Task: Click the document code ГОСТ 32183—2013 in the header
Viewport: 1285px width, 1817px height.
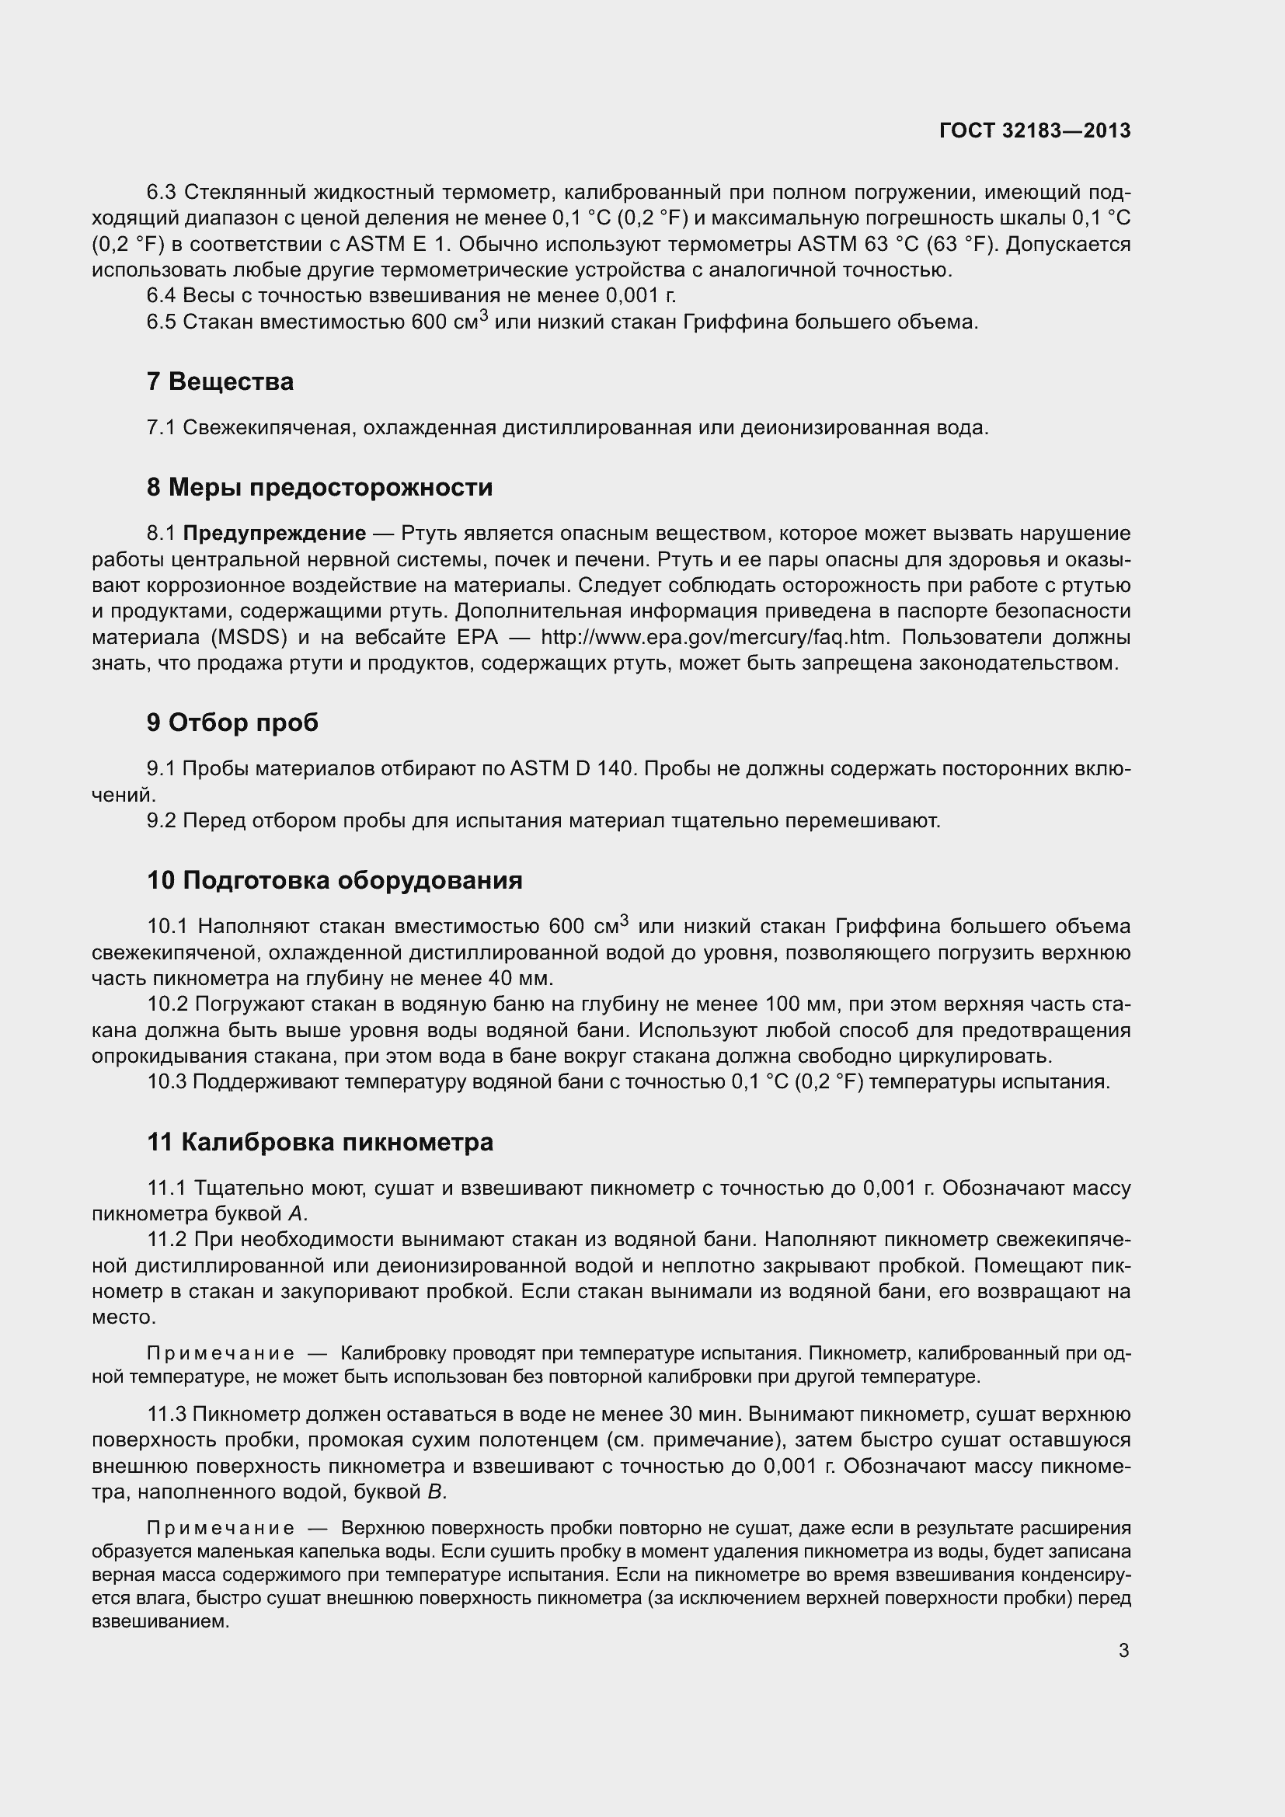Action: pos(1034,131)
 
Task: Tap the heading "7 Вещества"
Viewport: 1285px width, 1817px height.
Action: pos(220,381)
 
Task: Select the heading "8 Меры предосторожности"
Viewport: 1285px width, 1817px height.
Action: pos(319,487)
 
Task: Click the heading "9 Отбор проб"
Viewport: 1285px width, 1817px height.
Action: pos(232,722)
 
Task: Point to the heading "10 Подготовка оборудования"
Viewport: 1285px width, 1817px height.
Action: pos(334,880)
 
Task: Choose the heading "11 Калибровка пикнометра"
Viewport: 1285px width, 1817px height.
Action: pos(319,1142)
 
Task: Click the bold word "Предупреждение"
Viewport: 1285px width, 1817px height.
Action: pos(274,534)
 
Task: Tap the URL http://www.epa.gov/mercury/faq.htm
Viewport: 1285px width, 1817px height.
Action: pos(716,637)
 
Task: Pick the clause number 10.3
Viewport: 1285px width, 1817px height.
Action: pos(166,1082)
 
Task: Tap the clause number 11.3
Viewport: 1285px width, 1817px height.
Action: pos(166,1414)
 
